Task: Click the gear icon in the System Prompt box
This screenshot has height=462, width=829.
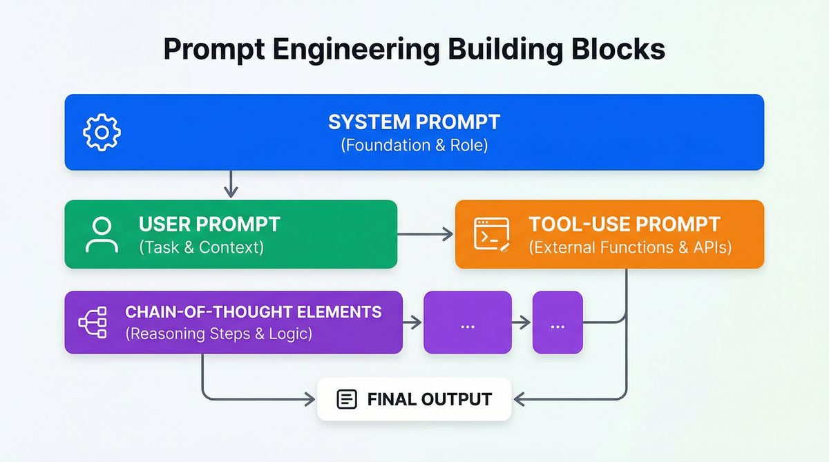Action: pos(102,132)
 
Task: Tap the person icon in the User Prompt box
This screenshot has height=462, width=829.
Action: pos(102,235)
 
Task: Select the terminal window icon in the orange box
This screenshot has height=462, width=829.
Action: pos(491,234)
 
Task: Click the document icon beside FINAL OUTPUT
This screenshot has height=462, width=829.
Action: pos(346,399)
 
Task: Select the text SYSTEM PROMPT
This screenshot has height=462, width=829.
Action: pos(414,122)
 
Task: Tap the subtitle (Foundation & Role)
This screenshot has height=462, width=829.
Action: pos(414,146)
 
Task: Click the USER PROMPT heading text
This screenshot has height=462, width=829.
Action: pos(209,224)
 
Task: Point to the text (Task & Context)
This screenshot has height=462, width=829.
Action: pos(201,247)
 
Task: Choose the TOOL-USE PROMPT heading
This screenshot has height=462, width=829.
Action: pos(625,224)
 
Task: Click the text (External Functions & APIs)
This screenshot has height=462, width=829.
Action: pos(630,247)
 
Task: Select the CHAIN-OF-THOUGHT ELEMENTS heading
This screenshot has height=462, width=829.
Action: pos(253,312)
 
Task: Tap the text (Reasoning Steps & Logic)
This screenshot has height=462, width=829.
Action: pos(218,334)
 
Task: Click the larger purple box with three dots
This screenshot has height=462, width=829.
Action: pos(467,323)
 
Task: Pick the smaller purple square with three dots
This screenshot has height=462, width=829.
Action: pos(558,323)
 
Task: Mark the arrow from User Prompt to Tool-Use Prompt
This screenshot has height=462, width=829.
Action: pos(426,235)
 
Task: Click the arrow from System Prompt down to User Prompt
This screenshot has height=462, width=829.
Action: pos(231,184)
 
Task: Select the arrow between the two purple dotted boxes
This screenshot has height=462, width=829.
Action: pos(522,323)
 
